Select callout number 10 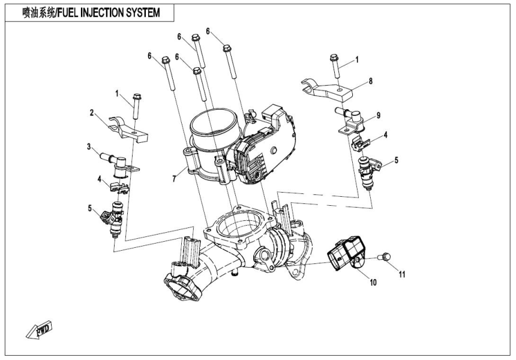373,281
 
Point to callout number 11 402,275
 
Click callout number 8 370,80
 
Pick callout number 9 378,115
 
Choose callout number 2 92,112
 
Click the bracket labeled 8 326,89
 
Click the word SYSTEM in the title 142,13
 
